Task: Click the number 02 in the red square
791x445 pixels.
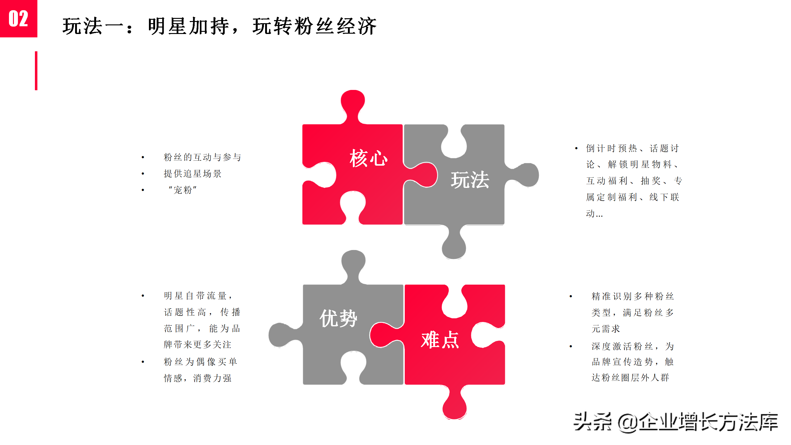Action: [x=19, y=19]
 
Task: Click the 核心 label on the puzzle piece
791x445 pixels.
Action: [x=368, y=158]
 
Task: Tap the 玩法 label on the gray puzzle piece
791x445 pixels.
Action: [x=470, y=180]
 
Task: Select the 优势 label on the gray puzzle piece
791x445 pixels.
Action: [x=338, y=318]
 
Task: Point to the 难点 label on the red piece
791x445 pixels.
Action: [x=440, y=340]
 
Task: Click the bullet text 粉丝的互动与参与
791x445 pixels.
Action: [x=202, y=157]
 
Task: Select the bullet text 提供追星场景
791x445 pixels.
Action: [x=192, y=174]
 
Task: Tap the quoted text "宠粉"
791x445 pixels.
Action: [x=183, y=190]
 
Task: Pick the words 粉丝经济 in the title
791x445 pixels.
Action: [x=336, y=26]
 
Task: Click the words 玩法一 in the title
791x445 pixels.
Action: [x=93, y=26]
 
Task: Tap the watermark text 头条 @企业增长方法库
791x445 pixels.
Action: [x=675, y=422]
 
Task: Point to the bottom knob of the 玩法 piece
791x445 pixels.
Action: [x=454, y=247]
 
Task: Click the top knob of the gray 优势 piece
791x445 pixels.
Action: [x=353, y=261]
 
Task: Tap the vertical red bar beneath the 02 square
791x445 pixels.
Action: [x=36, y=71]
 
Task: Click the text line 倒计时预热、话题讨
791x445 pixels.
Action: [x=632, y=148]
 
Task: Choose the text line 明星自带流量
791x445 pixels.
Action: [x=198, y=296]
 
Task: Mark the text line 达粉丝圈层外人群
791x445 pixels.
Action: [x=630, y=378]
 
